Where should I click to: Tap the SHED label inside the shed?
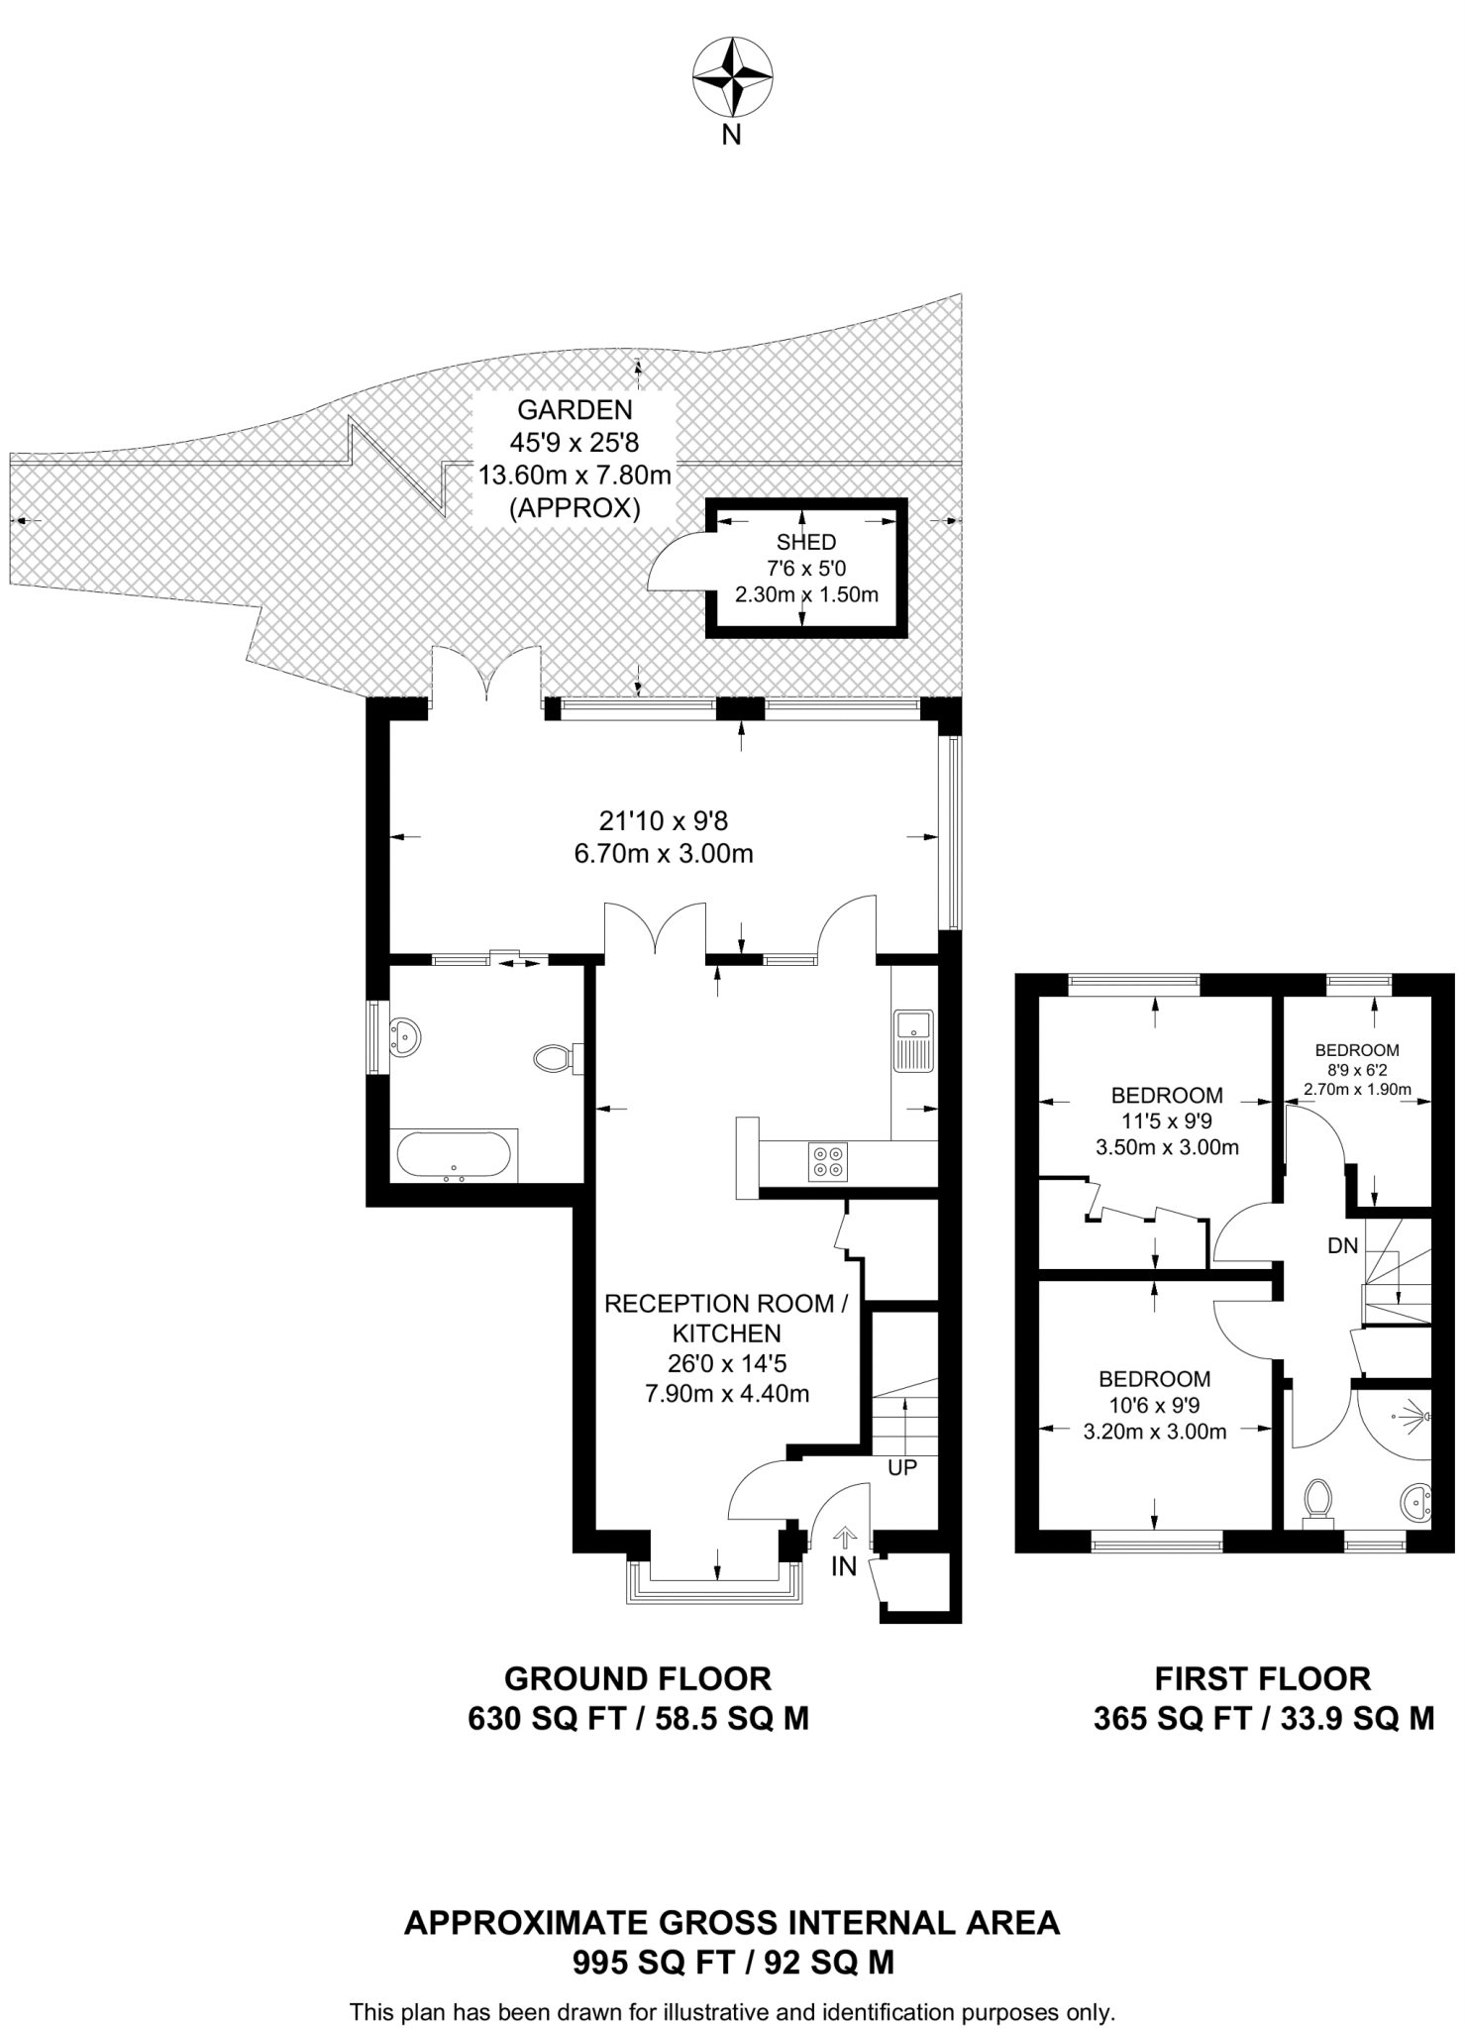click(x=805, y=542)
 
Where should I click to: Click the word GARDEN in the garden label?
click(x=575, y=409)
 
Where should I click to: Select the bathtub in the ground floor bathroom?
click(x=454, y=1155)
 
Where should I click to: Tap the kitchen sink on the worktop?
click(x=912, y=1040)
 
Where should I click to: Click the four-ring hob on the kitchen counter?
click(x=828, y=1161)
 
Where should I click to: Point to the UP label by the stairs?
click(x=901, y=1467)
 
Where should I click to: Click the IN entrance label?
click(x=844, y=1566)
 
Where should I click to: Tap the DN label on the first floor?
click(x=1342, y=1246)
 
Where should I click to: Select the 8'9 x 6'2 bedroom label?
click(x=1356, y=1070)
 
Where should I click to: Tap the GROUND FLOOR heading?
click(x=637, y=1678)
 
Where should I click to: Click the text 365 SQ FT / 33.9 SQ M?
click(x=1263, y=1718)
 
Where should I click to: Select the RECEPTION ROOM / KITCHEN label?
click(x=726, y=1318)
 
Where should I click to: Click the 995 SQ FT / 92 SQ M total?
click(x=732, y=1962)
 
